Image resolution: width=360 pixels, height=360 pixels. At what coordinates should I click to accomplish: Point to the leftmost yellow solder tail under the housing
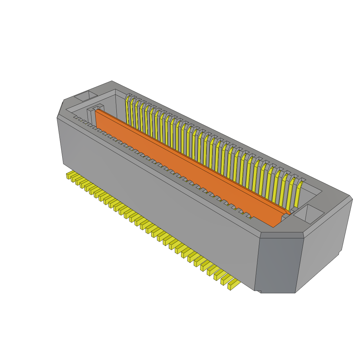pyautogui.click(x=69, y=175)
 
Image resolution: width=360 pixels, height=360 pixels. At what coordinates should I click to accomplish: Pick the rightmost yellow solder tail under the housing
pyautogui.click(x=233, y=284)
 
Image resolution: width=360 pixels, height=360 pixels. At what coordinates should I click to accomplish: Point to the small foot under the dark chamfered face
pyautogui.click(x=258, y=291)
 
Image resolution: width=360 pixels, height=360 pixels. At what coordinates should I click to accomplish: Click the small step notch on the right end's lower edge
pyautogui.click(x=340, y=252)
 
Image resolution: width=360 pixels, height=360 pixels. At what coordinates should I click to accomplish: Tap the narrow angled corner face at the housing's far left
pyautogui.click(x=60, y=109)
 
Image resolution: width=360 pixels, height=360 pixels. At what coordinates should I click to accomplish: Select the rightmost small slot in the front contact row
pyautogui.click(x=248, y=216)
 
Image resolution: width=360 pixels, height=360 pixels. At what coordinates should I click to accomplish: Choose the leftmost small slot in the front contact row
pyautogui.click(x=76, y=117)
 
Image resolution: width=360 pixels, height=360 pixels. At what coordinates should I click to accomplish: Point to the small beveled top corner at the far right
pyautogui.click(x=351, y=198)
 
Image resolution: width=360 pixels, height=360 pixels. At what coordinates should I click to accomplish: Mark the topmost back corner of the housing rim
pyautogui.click(x=112, y=82)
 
